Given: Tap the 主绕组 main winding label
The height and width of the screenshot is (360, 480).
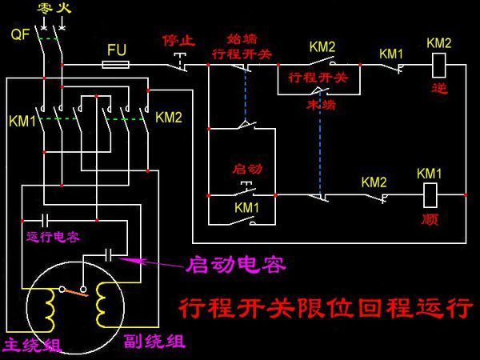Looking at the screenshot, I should [x=33, y=345].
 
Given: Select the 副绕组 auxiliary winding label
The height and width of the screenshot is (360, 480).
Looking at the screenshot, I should [x=154, y=342].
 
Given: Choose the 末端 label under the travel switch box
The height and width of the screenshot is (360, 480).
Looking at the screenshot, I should [x=320, y=105].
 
